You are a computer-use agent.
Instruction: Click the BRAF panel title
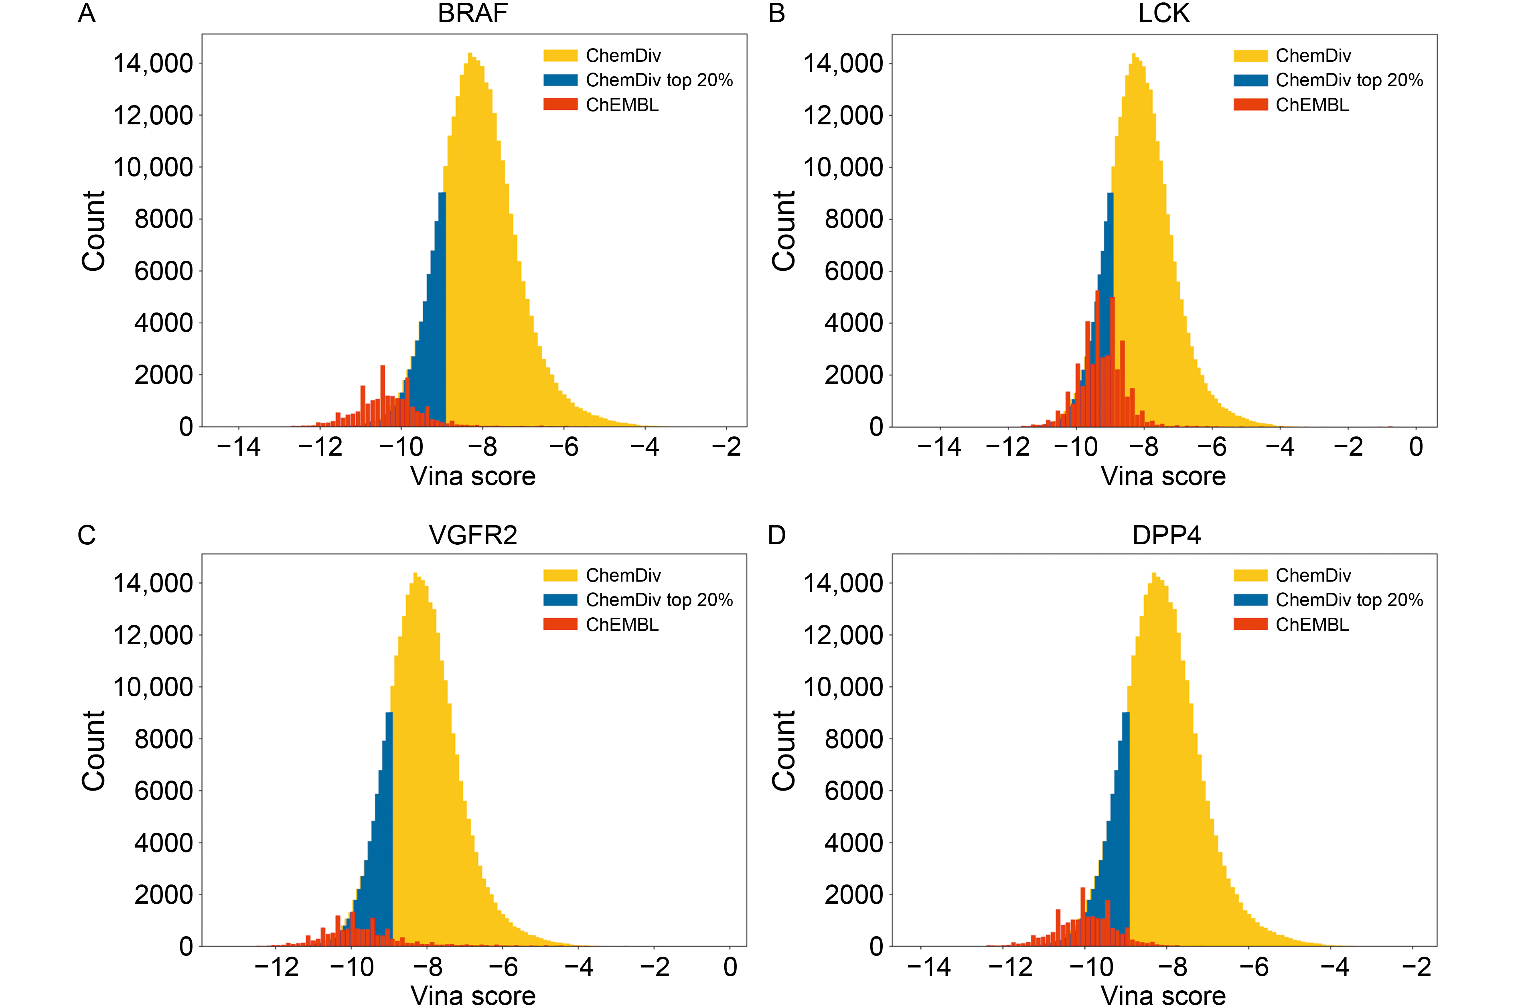coord(472,14)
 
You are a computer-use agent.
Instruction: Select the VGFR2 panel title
coord(472,535)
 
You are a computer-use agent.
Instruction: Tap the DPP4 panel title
coord(1166,535)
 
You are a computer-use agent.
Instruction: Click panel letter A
coord(87,14)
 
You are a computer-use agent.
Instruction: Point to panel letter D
coord(776,535)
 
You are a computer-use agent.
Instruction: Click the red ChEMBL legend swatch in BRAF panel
coord(560,105)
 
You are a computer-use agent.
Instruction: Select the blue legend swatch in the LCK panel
coord(1250,80)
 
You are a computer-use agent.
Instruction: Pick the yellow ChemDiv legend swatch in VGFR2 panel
coord(560,575)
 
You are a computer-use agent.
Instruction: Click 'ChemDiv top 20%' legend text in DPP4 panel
coord(1349,600)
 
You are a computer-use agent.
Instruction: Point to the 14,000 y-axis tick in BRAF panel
coord(153,64)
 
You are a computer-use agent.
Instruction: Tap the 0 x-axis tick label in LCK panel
coord(1416,447)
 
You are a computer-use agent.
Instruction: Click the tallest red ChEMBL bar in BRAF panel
coord(383,395)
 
